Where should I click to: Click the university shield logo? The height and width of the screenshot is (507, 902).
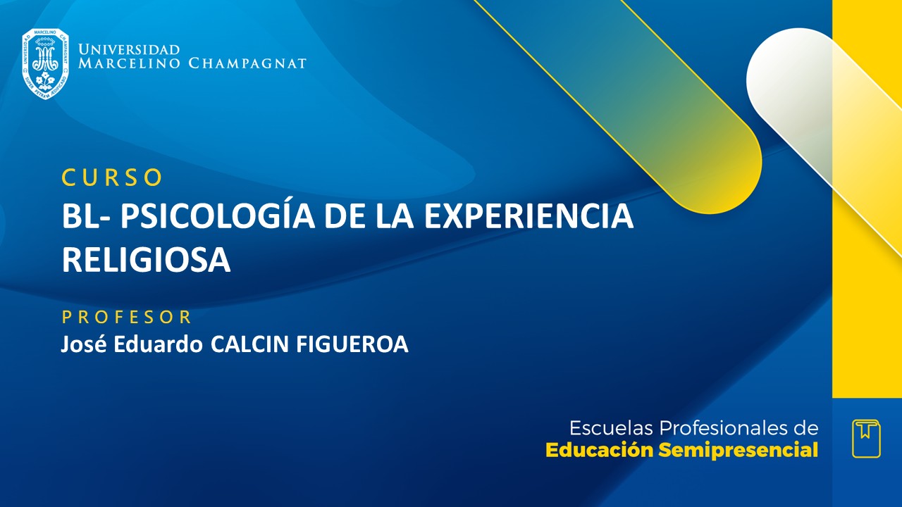pos(45,63)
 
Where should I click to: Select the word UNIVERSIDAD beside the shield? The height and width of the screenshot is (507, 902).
pos(129,50)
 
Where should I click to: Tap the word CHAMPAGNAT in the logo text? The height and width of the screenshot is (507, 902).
pos(247,63)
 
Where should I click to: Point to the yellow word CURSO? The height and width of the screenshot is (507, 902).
pos(112,178)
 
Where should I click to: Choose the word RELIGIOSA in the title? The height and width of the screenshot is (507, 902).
pos(147,260)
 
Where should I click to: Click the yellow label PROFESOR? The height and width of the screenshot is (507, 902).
pos(127,317)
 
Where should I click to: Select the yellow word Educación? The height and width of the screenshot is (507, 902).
pos(600,451)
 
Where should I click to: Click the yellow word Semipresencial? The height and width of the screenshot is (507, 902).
pos(739,451)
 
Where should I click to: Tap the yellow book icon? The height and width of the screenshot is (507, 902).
pos(866,438)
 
